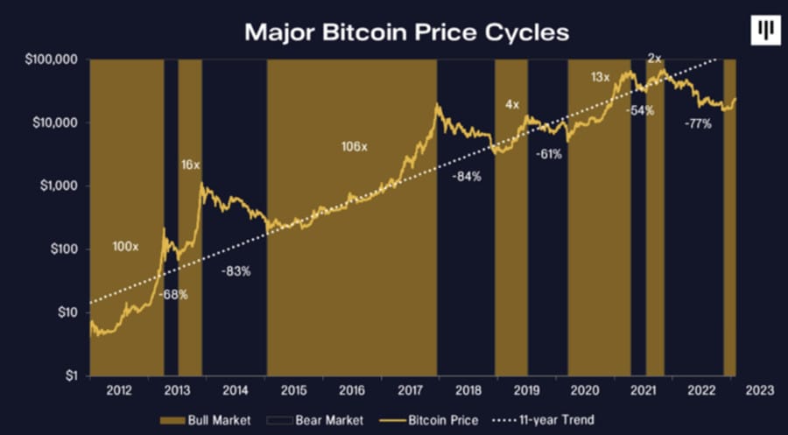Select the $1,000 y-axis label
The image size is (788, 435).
[x=61, y=186]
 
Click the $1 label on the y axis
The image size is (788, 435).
[x=74, y=375]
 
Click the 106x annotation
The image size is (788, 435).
[x=354, y=146]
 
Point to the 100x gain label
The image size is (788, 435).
[x=125, y=248]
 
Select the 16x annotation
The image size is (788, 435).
[x=190, y=164]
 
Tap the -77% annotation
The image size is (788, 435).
[x=698, y=125]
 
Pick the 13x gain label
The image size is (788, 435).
[x=600, y=78]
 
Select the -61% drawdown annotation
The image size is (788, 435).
[x=549, y=153]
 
